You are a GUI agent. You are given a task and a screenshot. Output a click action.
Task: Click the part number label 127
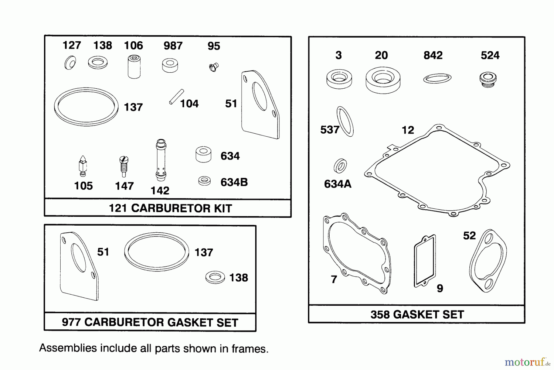point(72,45)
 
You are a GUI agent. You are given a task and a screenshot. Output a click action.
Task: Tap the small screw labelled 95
point(213,67)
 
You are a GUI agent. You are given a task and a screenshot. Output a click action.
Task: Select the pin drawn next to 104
point(176,97)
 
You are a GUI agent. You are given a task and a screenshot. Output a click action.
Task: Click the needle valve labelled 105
point(82,166)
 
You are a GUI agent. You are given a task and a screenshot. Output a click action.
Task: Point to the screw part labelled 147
point(124,167)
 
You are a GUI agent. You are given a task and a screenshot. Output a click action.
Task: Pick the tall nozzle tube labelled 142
point(161,160)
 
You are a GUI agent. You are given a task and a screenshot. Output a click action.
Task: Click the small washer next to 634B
point(204,181)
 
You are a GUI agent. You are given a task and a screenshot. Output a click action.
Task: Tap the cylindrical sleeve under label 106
point(134,66)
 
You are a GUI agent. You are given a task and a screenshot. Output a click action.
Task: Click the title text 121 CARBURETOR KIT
point(170,208)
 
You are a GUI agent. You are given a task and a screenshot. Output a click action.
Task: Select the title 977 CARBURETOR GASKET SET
point(150,322)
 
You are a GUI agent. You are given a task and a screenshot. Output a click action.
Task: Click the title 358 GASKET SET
point(417,315)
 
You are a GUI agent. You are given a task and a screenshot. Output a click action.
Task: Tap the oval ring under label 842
point(437,79)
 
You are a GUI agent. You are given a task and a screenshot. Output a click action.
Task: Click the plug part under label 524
point(488,79)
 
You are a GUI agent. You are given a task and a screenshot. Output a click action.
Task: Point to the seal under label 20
point(383,79)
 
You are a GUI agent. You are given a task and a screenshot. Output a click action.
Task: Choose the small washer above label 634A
point(340,166)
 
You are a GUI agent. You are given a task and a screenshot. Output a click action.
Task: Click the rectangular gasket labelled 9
point(425,261)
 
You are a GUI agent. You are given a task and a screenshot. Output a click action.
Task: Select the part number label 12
point(408,130)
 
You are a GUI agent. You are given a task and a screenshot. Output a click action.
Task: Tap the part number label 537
point(330,130)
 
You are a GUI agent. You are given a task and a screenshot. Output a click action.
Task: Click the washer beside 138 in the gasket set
point(215,277)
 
